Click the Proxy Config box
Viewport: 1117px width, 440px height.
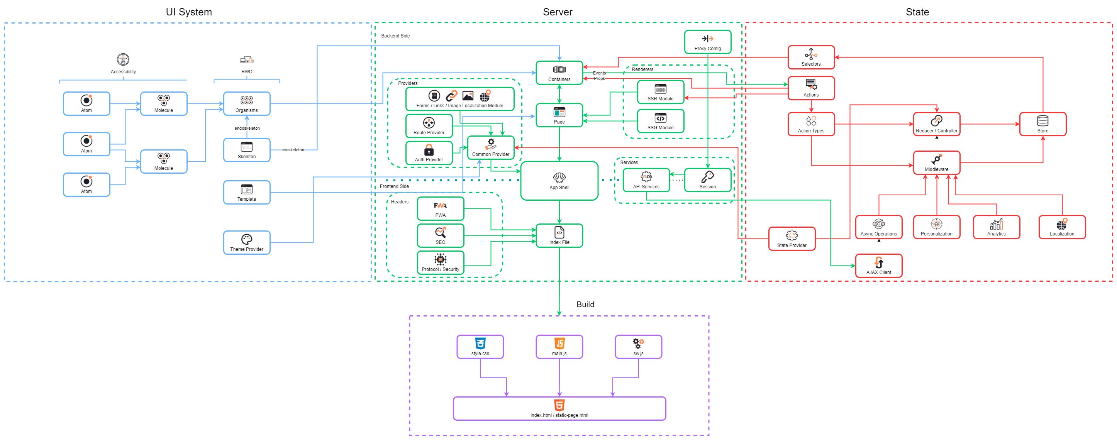coord(707,42)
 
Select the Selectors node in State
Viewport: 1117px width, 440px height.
coord(810,57)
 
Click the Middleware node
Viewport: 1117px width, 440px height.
coord(936,162)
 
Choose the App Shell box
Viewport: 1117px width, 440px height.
coord(559,181)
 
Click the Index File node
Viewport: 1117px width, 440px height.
coord(559,235)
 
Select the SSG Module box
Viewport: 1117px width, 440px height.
coord(660,121)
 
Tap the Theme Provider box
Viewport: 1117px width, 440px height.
coord(246,242)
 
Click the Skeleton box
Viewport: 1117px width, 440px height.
coord(246,150)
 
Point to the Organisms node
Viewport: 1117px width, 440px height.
coord(246,103)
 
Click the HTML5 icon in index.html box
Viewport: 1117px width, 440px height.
coord(559,405)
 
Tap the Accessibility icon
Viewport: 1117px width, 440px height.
coord(123,59)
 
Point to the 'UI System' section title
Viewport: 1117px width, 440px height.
coord(189,12)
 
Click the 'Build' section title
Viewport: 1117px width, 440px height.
coord(585,304)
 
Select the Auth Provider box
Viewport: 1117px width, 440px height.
coord(429,153)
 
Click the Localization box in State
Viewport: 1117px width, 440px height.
coord(1061,227)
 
